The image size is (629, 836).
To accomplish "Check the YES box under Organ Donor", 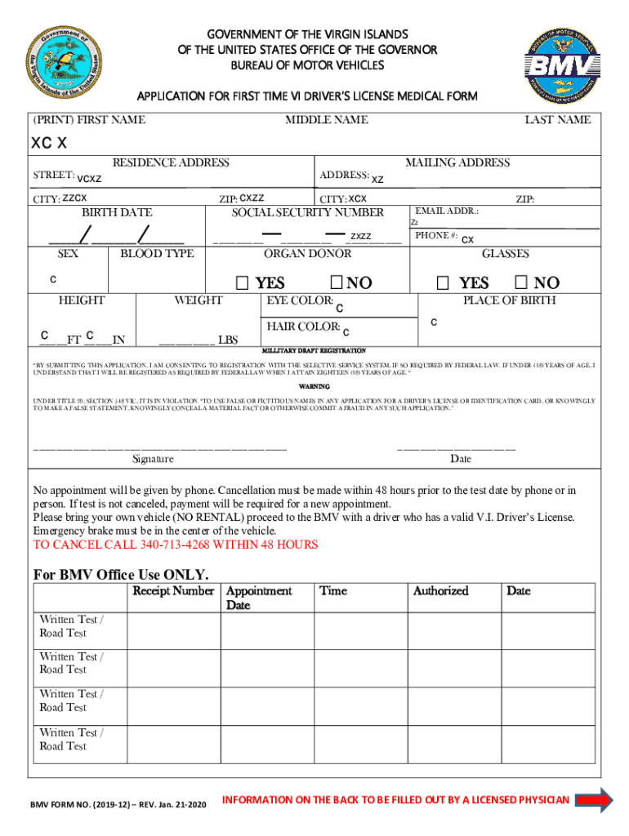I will coord(243,283).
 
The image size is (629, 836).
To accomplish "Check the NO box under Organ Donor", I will coord(337,283).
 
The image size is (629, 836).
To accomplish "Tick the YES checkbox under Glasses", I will coord(443,283).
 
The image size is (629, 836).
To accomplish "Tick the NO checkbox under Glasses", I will coord(520,283).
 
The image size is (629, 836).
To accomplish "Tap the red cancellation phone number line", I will coord(175,545).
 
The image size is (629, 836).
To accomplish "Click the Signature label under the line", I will coord(153,459).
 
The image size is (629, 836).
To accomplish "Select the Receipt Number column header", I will coord(173,590).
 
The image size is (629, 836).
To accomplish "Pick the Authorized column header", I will coord(440,590).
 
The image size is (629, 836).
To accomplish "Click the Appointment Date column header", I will coord(258,598).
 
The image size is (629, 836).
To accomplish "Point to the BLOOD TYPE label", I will coord(157,254).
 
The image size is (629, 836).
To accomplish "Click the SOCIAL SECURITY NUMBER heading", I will coord(307,212).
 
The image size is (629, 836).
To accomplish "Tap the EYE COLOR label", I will coord(300,301).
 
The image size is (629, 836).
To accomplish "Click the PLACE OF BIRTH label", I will coord(509,300).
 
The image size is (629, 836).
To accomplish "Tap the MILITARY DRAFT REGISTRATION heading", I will coord(314,350).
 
